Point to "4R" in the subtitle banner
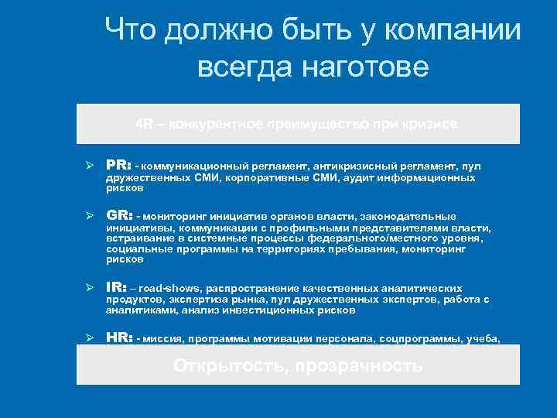pyautogui.click(x=145, y=124)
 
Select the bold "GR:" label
pyautogui.click(x=119, y=216)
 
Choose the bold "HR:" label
pyautogui.click(x=119, y=338)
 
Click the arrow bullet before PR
pyautogui.click(x=90, y=166)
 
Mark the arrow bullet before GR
pyautogui.click(x=90, y=217)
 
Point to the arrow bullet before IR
pyautogui.click(x=90, y=288)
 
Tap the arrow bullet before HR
pyautogui.click(x=90, y=339)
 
